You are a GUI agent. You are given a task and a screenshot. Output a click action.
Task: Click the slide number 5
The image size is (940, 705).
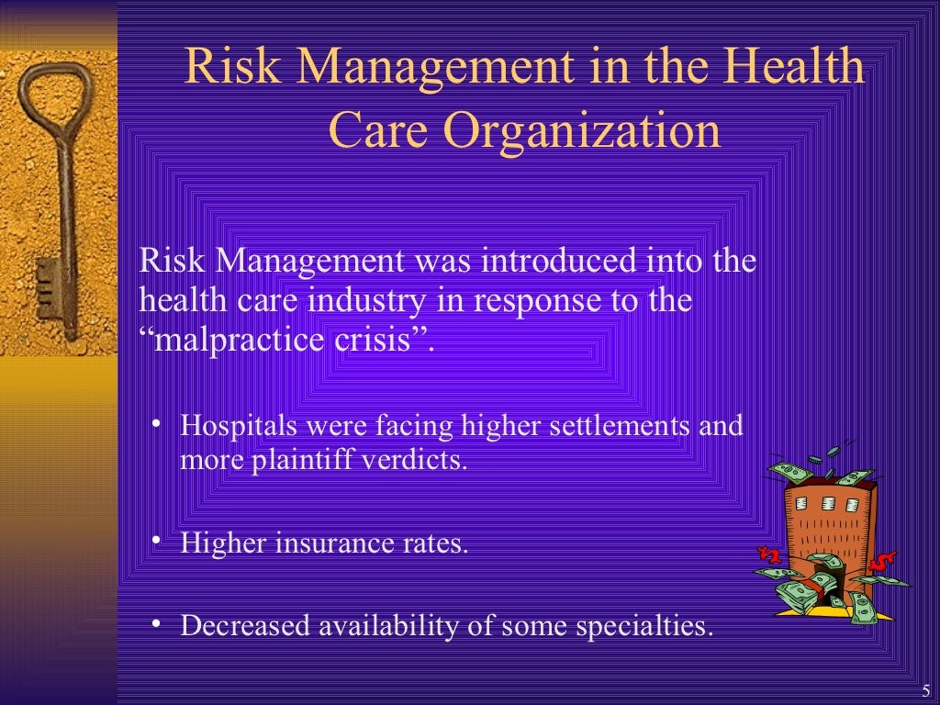(925, 692)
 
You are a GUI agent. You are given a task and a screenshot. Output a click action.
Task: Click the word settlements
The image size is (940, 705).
(600, 427)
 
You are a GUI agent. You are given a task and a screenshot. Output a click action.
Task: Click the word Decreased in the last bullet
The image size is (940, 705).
(245, 626)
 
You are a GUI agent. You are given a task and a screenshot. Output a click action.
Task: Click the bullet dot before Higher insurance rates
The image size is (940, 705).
(157, 540)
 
